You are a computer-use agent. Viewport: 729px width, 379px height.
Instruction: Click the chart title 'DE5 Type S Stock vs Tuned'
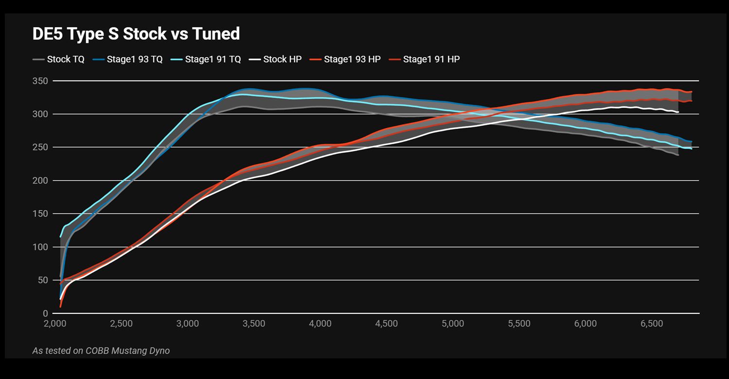[136, 34]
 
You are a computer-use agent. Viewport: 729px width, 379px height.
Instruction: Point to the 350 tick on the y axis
[41, 81]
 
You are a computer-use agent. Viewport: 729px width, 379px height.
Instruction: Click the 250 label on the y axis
[41, 147]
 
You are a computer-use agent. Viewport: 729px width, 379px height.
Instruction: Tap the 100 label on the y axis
[41, 247]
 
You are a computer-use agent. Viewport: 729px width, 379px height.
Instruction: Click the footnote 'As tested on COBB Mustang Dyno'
[101, 350]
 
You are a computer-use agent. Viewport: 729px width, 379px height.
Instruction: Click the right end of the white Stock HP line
[678, 112]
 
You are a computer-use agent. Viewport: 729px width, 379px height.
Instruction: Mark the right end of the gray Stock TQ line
[678, 155]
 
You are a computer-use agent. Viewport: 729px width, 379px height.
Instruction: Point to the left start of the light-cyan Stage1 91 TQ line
[61, 236]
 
